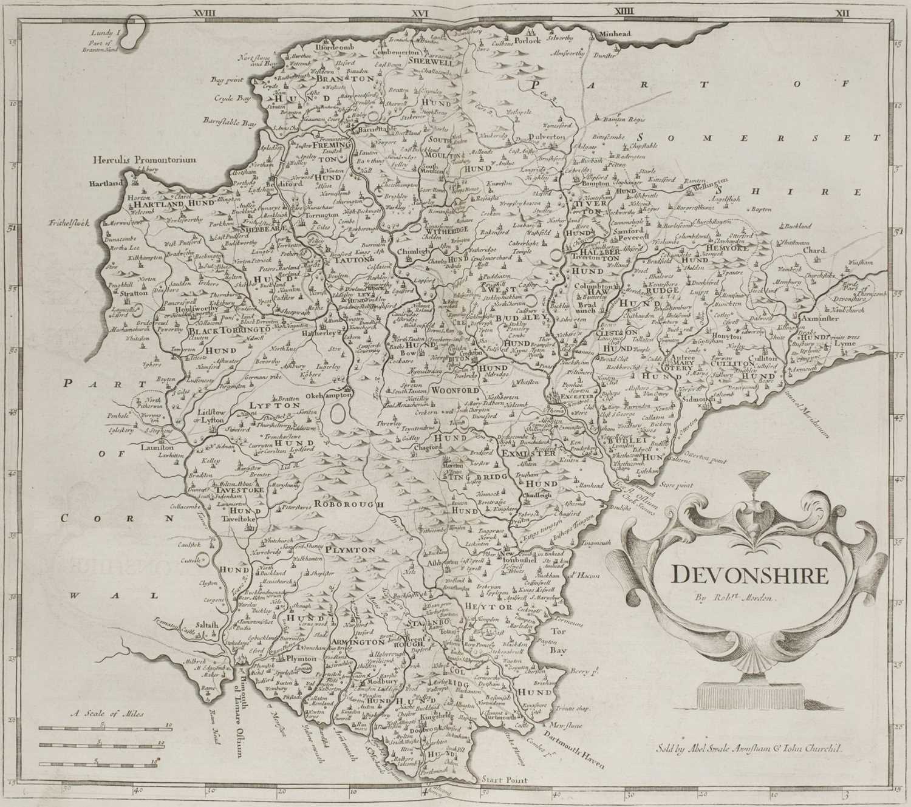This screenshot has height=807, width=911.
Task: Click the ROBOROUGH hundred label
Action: coord(349,504)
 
